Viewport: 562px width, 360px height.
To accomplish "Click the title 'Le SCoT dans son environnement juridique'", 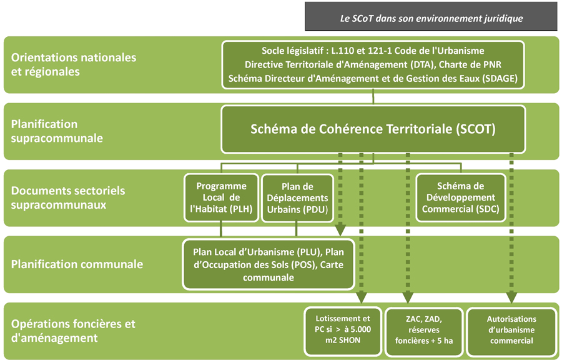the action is (431, 18).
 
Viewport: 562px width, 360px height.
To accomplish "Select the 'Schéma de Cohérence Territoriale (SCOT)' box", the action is (373, 129).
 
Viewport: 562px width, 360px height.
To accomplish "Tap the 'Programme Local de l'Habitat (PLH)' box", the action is (221, 197).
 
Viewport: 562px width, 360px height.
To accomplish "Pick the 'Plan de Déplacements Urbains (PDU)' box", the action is (297, 198).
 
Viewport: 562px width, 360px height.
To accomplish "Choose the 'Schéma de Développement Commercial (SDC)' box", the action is (461, 197).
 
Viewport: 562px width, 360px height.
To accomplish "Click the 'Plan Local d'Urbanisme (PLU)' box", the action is (269, 264).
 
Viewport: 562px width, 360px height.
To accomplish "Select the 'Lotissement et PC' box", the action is (343, 331).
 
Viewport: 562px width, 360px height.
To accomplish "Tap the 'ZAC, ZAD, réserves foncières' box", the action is (423, 331).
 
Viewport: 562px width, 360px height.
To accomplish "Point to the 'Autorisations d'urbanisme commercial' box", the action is (511, 331).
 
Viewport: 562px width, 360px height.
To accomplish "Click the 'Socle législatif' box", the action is (373, 65).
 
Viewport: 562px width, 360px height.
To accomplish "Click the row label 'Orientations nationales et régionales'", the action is (74, 64).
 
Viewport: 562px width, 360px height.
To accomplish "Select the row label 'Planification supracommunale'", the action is (57, 131).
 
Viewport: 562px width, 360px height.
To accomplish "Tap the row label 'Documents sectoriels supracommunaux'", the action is (68, 197).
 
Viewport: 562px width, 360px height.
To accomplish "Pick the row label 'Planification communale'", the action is (77, 264).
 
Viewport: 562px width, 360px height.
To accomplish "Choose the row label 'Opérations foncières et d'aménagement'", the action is (73, 331).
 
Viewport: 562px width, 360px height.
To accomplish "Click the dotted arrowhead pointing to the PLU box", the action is (340, 229).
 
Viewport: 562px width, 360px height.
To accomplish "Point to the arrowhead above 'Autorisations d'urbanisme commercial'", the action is (511, 297).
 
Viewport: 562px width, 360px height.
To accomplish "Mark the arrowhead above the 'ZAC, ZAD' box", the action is (408, 297).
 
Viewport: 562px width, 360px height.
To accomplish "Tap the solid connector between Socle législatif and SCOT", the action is (373, 97).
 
